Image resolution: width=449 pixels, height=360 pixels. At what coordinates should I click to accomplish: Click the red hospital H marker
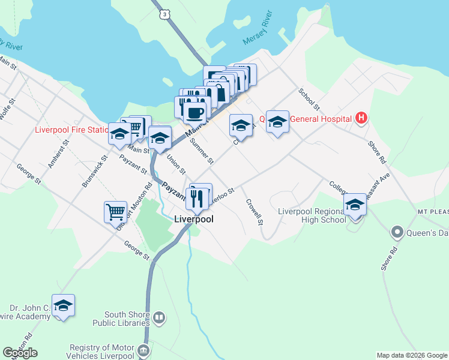360,118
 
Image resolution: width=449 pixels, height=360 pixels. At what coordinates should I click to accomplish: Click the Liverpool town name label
194,219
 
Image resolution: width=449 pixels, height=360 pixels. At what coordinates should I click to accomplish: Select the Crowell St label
255,212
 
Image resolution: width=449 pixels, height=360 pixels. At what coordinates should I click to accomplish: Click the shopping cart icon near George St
115,212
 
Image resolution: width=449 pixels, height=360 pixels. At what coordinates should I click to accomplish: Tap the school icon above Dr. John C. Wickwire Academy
63,305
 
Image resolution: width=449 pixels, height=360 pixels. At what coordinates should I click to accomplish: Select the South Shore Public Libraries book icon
159,317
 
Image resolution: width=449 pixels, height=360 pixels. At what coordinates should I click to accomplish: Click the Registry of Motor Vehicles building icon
143,350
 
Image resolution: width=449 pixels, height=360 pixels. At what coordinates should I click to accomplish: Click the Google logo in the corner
20,353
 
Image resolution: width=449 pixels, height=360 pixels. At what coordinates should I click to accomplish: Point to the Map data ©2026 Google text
412,355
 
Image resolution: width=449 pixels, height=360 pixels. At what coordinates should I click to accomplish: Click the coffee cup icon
194,112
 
